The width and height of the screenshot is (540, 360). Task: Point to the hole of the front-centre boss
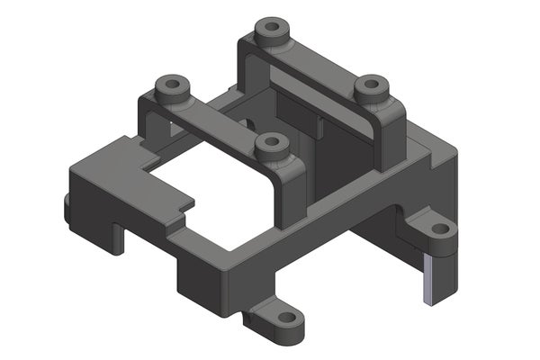pos(270,142)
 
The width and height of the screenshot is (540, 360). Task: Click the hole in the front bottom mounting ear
pos(287,319)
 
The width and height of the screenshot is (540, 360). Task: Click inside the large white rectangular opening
pos(216,193)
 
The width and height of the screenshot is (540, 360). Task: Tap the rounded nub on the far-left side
pos(68,207)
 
